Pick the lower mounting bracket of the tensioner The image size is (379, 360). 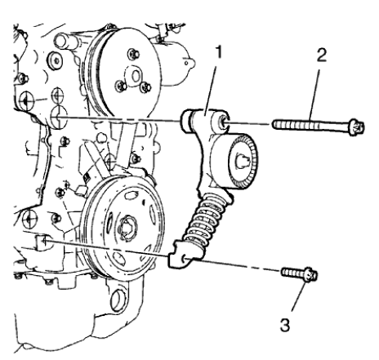click(181, 259)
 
